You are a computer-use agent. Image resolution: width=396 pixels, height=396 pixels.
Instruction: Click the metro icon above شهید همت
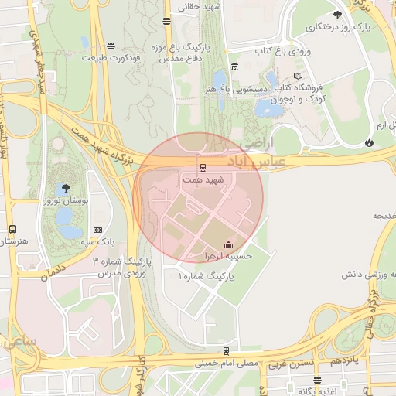203,167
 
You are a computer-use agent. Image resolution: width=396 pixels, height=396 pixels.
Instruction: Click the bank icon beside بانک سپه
98,230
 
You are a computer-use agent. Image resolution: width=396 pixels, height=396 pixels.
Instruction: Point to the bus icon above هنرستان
12,230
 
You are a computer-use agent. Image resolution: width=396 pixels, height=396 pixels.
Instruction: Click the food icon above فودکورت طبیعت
112,46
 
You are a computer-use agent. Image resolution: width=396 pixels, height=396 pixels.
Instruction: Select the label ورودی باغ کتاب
282,51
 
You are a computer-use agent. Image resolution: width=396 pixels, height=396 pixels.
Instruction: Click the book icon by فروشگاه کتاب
299,76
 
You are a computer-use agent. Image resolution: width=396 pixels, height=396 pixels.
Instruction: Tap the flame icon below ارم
370,142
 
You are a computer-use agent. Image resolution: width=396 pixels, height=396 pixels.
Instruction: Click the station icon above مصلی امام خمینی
226,351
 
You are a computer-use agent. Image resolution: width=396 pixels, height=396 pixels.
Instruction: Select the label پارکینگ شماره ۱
203,275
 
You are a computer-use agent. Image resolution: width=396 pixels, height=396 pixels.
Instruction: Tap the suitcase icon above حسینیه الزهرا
228,246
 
